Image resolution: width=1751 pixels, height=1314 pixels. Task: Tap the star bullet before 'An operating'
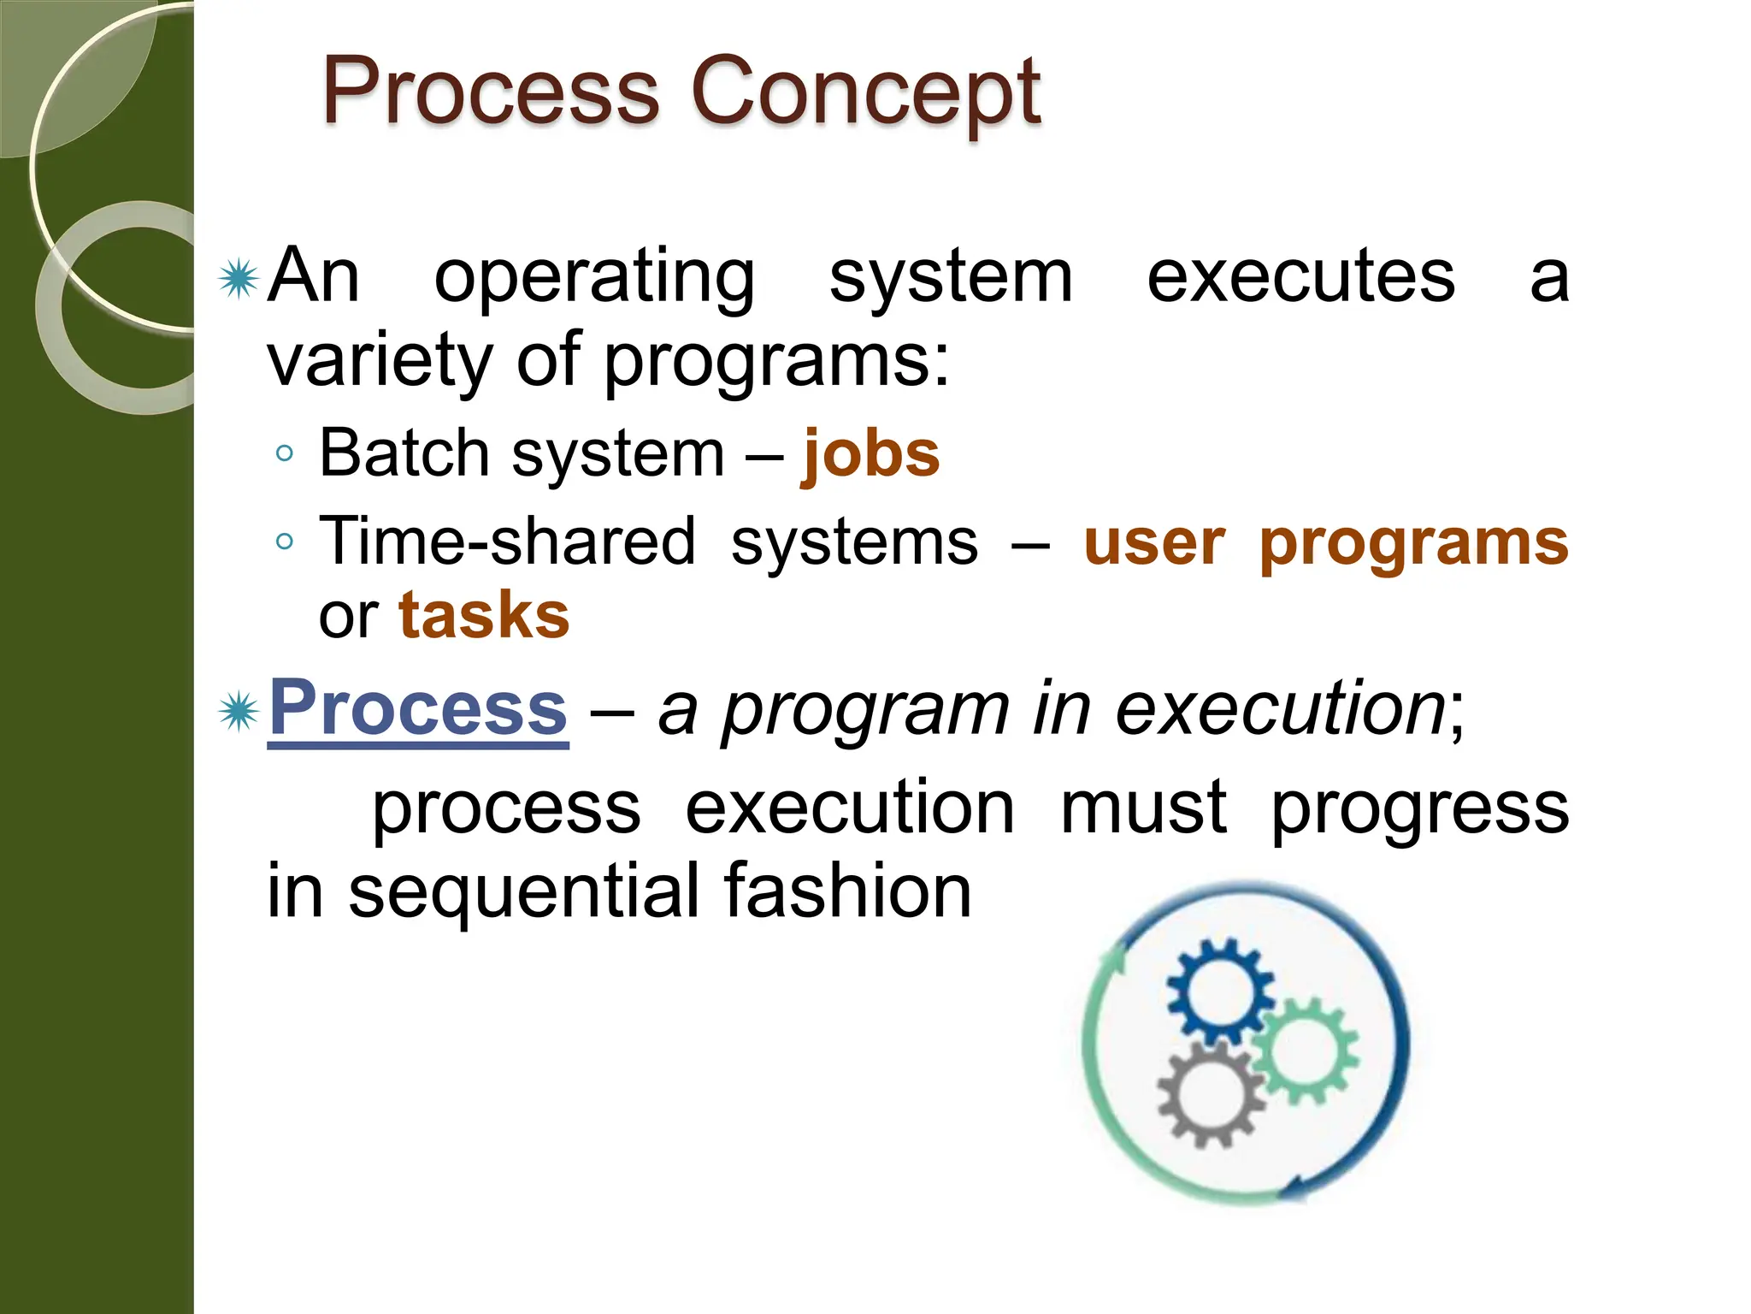[239, 279]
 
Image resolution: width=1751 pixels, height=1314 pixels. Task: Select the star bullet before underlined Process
[239, 712]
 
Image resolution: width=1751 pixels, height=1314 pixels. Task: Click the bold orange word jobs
[870, 453]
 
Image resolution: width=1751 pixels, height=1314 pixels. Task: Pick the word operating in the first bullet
[594, 278]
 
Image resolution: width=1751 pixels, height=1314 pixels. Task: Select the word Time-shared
[508, 542]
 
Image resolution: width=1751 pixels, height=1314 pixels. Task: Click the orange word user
[1154, 543]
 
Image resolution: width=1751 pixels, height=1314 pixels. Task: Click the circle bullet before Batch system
[286, 453]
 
